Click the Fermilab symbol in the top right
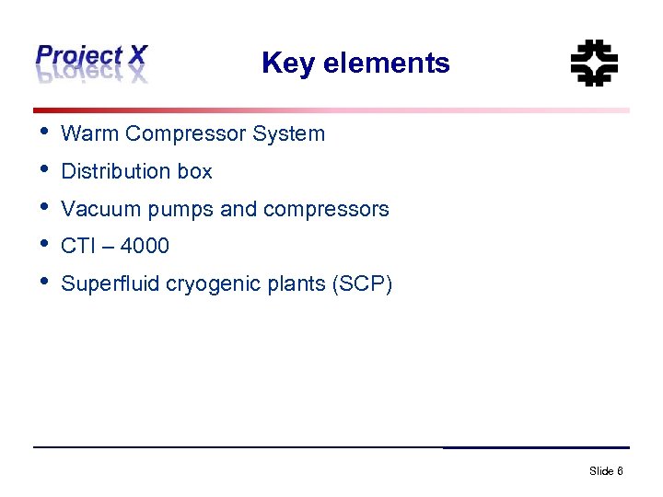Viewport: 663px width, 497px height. point(594,63)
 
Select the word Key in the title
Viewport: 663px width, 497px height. point(283,64)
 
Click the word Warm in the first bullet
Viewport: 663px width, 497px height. point(90,133)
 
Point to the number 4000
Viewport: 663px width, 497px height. point(145,246)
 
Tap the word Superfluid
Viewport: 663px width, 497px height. point(110,283)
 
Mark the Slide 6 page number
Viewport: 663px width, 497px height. point(606,471)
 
